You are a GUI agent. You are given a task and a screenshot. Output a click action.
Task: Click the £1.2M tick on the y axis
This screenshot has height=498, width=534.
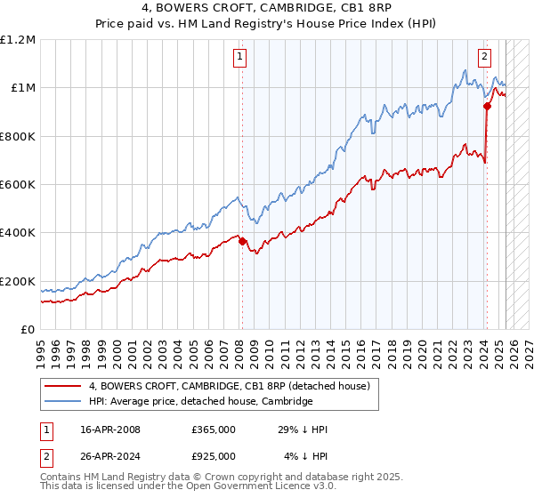point(18,40)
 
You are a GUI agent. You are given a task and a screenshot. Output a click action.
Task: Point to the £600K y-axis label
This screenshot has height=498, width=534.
point(18,185)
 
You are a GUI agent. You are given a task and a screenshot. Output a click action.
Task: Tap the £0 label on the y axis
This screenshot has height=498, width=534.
point(28,330)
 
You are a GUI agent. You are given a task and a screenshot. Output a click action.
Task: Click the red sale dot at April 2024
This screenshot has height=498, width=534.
point(487,106)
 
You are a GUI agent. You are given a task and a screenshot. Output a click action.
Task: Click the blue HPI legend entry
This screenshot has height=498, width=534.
point(200,401)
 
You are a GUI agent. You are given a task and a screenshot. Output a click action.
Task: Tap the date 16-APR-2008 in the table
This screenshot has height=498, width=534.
point(110,430)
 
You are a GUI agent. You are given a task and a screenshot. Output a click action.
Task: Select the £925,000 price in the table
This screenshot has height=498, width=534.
point(214,455)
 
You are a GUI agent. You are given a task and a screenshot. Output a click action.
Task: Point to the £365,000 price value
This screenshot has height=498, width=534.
point(214,430)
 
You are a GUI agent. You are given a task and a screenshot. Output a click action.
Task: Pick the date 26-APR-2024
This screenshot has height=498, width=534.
point(110,455)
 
